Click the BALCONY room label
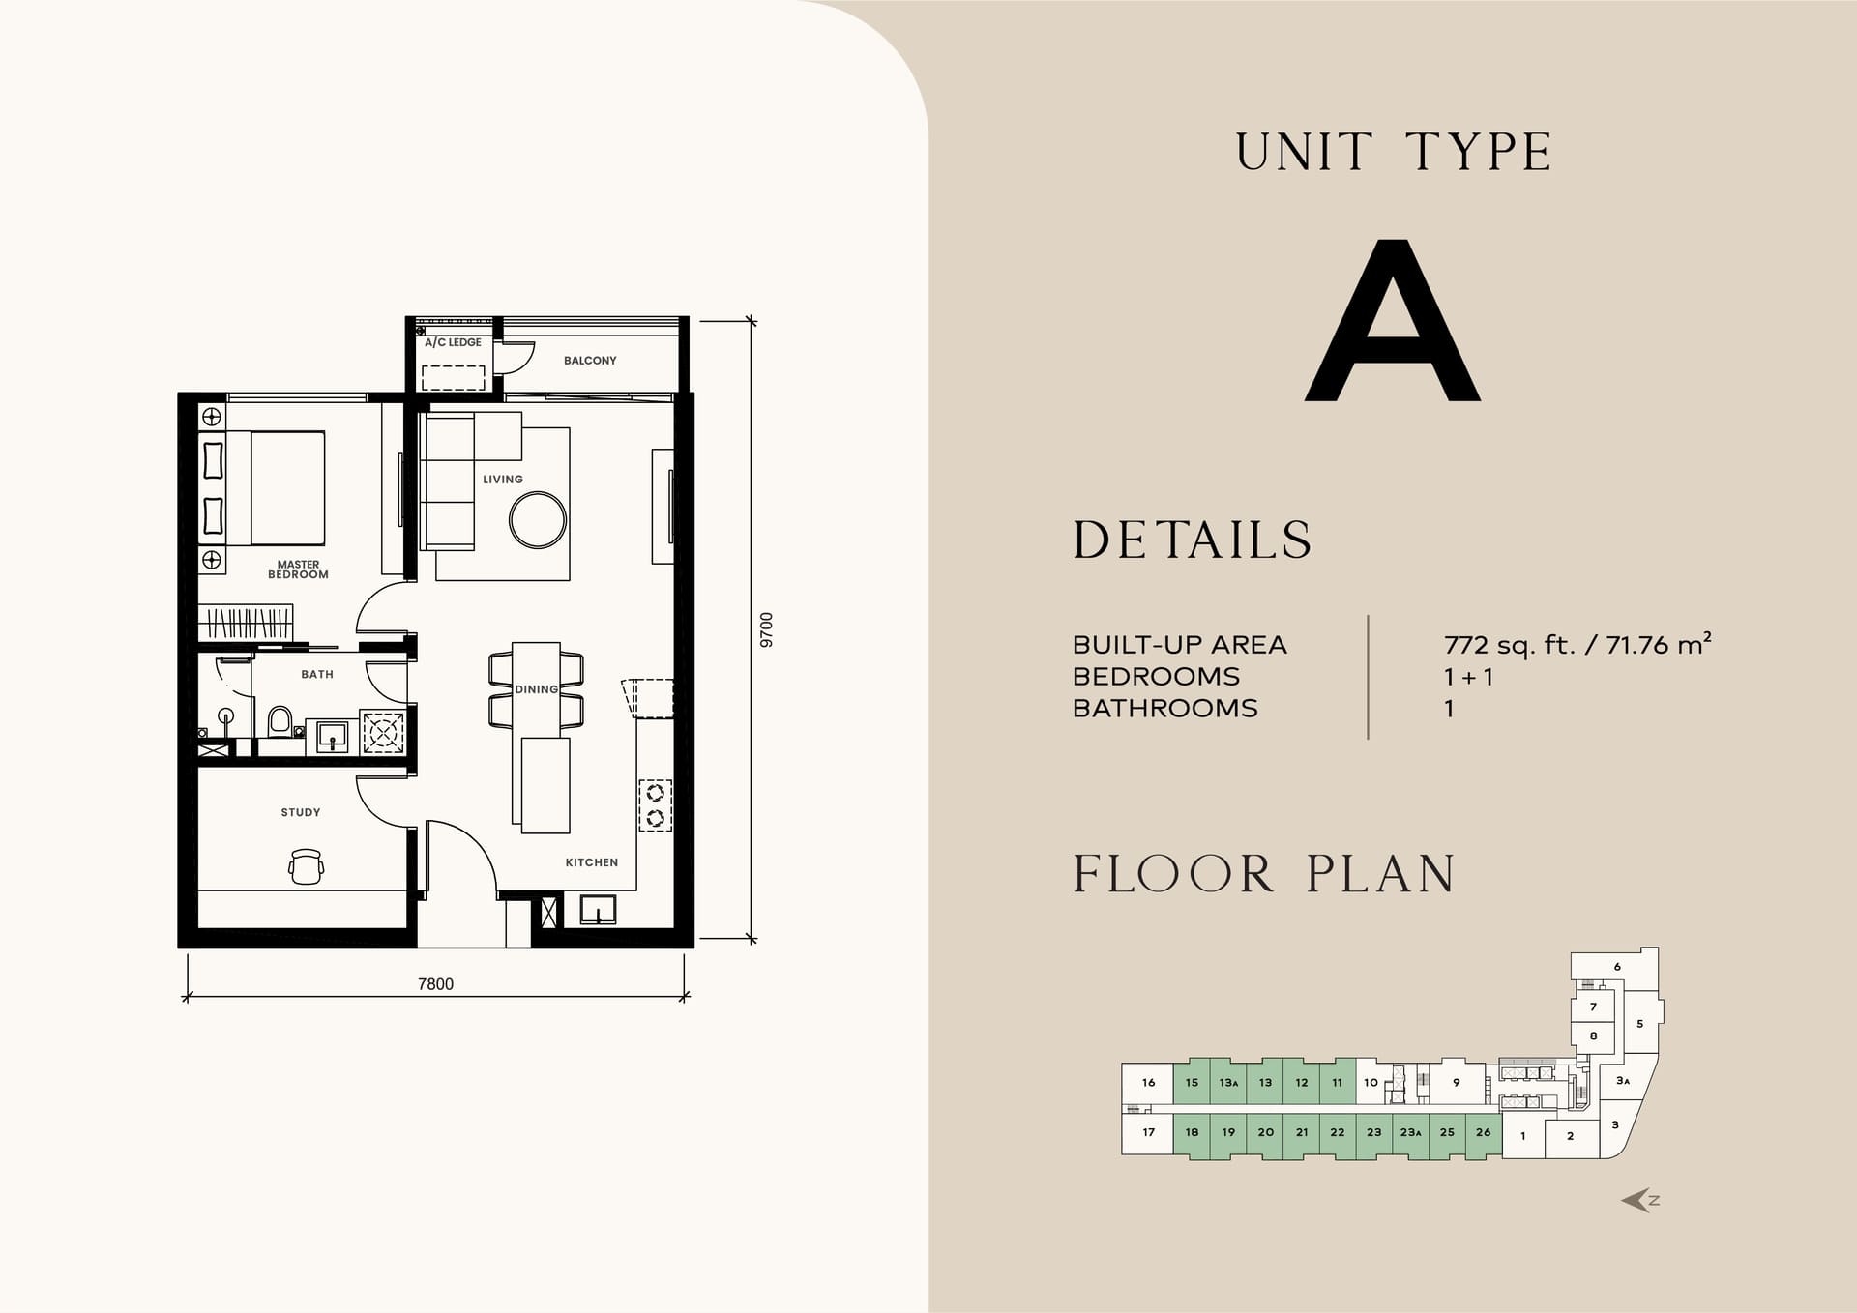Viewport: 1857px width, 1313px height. pyautogui.click(x=590, y=361)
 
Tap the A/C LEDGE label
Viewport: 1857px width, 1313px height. pyautogui.click(x=453, y=342)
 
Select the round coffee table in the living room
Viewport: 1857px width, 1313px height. pyautogui.click(x=538, y=520)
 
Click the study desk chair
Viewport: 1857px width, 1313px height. pyautogui.click(x=307, y=866)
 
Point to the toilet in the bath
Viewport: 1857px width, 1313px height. pyautogui.click(x=280, y=722)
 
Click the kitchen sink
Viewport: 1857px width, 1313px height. pyautogui.click(x=598, y=910)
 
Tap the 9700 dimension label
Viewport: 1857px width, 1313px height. pyautogui.click(x=767, y=629)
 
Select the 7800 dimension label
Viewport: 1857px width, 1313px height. pyautogui.click(x=435, y=984)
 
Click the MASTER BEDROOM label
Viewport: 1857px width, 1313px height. pyautogui.click(x=298, y=569)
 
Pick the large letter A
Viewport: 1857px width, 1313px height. pyautogui.click(x=1393, y=320)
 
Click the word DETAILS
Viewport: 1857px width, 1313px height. pyautogui.click(x=1193, y=540)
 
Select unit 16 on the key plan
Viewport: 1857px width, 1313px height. pyautogui.click(x=1148, y=1083)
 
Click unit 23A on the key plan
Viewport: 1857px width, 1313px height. pyautogui.click(x=1411, y=1132)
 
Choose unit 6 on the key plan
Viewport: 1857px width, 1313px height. pyautogui.click(x=1617, y=967)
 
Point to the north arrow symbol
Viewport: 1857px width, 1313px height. pyautogui.click(x=1640, y=1201)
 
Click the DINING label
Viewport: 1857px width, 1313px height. pyautogui.click(x=537, y=689)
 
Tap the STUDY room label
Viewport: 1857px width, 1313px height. pyautogui.click(x=301, y=812)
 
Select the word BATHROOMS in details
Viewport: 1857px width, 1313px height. pyautogui.click(x=1165, y=709)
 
